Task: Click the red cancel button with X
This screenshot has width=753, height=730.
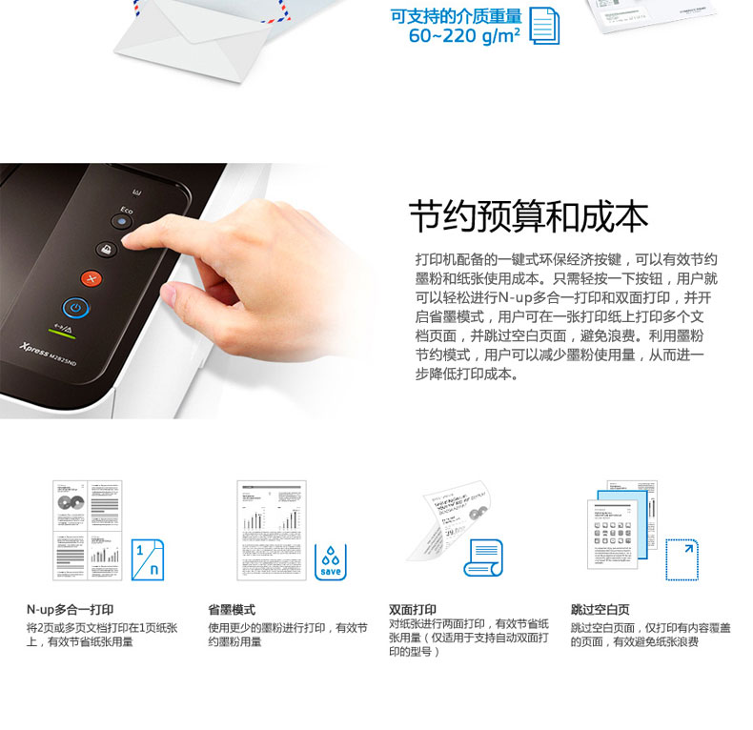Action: [92, 278]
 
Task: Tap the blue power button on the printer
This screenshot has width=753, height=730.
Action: [75, 307]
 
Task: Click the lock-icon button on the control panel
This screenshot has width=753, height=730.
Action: [105, 249]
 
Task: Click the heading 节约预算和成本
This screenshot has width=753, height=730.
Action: [528, 217]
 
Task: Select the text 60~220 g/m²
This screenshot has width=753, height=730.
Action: [464, 35]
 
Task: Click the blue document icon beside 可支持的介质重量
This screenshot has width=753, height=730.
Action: [544, 25]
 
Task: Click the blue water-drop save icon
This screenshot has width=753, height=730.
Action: [330, 561]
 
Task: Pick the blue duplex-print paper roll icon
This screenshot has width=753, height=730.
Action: [482, 557]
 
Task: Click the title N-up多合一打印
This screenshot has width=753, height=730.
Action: [70, 610]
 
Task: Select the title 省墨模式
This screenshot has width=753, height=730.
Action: [231, 610]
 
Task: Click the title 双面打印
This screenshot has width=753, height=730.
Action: [412, 610]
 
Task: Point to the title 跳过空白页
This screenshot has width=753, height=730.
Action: [600, 610]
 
